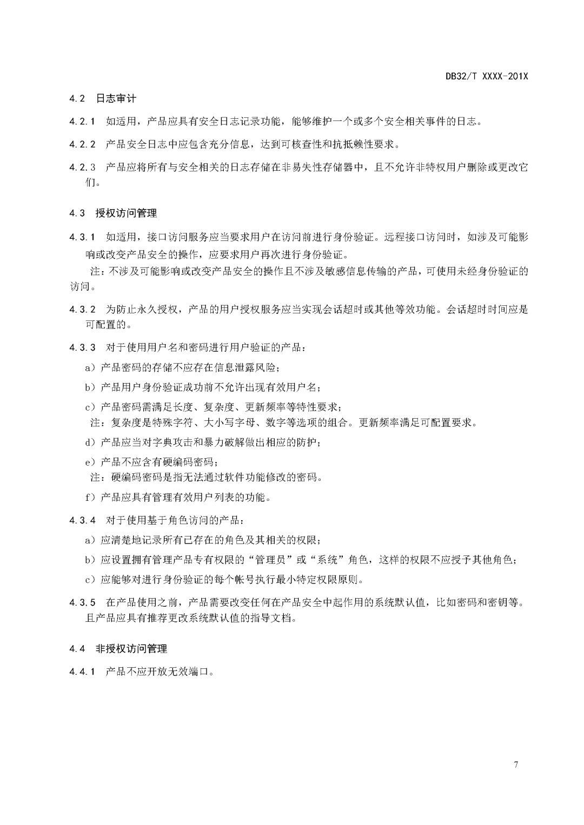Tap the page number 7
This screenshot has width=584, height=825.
[x=516, y=764]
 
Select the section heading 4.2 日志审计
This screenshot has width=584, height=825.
[x=103, y=98]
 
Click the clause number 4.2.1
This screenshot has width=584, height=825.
[x=82, y=121]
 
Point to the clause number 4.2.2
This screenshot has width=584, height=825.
[x=82, y=144]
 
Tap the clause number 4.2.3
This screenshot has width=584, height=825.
[x=82, y=167]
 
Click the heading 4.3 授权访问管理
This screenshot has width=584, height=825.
[x=113, y=213]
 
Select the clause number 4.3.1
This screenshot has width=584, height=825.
[x=82, y=237]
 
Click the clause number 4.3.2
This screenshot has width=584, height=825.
[x=82, y=310]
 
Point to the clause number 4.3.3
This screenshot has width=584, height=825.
[x=82, y=347]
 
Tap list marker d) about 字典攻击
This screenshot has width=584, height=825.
[x=90, y=442]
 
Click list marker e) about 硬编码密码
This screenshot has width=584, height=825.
[x=90, y=462]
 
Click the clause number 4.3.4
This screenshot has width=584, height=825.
[x=82, y=520]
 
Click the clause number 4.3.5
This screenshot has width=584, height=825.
[x=82, y=602]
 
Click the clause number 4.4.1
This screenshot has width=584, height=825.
[x=82, y=672]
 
